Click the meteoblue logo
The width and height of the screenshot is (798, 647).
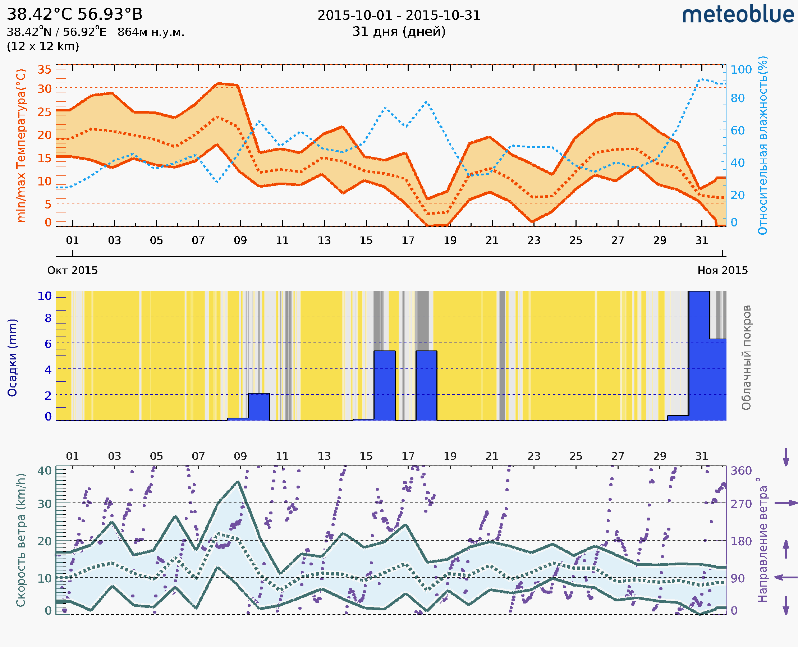point(738,15)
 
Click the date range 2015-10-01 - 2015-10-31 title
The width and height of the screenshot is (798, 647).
point(399,15)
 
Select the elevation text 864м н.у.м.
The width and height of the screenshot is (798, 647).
point(151,32)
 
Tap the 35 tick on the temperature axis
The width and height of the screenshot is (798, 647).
point(44,70)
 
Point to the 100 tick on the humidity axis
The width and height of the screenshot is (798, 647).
point(741,70)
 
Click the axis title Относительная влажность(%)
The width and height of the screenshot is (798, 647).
point(762,145)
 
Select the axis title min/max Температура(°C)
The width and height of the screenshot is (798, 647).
point(21,145)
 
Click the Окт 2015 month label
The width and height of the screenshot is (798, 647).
point(72,271)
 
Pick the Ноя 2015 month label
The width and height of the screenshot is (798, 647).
point(723,271)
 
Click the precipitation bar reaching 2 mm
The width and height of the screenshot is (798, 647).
point(258,407)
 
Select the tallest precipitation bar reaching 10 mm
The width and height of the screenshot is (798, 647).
point(699,356)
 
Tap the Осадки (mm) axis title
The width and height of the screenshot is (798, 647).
point(12,358)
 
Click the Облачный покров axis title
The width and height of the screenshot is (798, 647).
point(746,358)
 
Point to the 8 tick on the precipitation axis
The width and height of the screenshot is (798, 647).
point(48,318)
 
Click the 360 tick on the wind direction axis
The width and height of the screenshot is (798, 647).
point(741,471)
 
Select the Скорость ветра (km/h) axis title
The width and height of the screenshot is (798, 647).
point(21,540)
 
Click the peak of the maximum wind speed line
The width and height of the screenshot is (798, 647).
point(238,482)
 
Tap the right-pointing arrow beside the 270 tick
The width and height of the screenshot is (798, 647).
point(786,503)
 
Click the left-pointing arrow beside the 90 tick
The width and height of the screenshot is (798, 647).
point(786,578)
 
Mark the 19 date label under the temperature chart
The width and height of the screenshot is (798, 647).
point(450,241)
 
